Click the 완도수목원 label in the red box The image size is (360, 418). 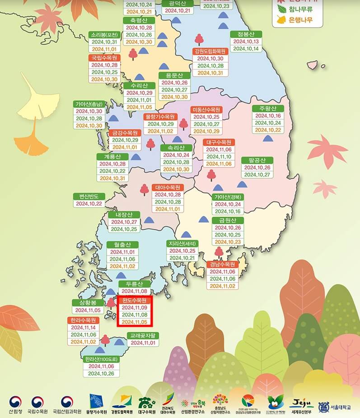pos(135,300)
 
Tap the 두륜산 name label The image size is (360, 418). pos(134,284)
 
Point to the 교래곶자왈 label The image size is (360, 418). pos(143,336)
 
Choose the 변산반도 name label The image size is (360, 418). pos(89,196)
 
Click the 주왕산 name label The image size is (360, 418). pos(268,108)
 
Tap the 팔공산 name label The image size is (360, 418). pos(257,160)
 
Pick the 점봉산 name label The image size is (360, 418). pos(246,34)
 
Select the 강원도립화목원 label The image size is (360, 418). pos(210,51)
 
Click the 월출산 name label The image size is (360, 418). pos(123,245)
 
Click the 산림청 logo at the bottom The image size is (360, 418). pos(15,404)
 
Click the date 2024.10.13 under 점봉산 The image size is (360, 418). pos(246,42)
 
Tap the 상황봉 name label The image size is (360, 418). pos(88,302)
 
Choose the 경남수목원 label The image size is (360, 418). pos(223,265)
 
